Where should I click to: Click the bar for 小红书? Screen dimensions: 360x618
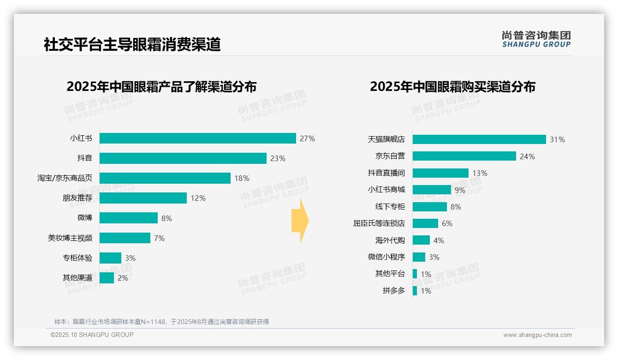tap(197, 138)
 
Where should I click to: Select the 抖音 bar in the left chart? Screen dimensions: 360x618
tap(183, 158)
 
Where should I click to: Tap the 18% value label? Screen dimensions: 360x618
tap(242, 178)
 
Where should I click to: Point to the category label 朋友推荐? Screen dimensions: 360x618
tap(77, 198)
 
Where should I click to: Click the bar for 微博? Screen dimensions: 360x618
tap(128, 218)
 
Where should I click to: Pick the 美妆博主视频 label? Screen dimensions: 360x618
tap(70, 238)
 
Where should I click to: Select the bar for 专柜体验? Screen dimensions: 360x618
tap(110, 258)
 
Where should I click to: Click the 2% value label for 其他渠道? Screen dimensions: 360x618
tap(123, 278)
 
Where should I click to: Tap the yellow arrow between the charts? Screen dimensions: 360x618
tap(300, 221)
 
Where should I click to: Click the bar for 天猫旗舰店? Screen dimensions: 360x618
tap(479, 139)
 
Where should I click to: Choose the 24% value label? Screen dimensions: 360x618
tap(527, 156)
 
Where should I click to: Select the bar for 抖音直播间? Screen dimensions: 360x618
tap(440, 173)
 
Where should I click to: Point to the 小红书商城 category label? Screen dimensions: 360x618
tap(386, 190)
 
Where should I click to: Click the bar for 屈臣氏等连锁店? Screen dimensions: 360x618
tap(425, 223)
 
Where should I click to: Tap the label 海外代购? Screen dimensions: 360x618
tap(390, 240)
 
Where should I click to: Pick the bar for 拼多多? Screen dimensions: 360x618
tap(415, 291)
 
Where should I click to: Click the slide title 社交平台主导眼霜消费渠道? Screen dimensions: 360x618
tap(132, 44)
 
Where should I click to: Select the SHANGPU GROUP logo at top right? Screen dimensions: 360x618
tap(536, 39)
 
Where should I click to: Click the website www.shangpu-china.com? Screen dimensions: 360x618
tap(537, 335)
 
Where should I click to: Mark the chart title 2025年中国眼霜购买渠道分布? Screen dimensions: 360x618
tap(452, 87)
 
